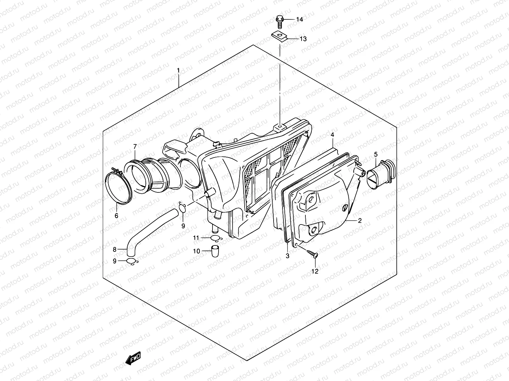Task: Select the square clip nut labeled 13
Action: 280,37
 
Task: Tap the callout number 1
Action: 178,70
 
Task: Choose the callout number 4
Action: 332,135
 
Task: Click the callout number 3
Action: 287,256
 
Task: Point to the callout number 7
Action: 135,146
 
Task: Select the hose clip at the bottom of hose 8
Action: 131,261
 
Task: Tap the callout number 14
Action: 299,20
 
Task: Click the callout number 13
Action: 303,39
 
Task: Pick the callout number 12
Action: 315,271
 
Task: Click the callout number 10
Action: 196,251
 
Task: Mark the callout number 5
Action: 375,154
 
